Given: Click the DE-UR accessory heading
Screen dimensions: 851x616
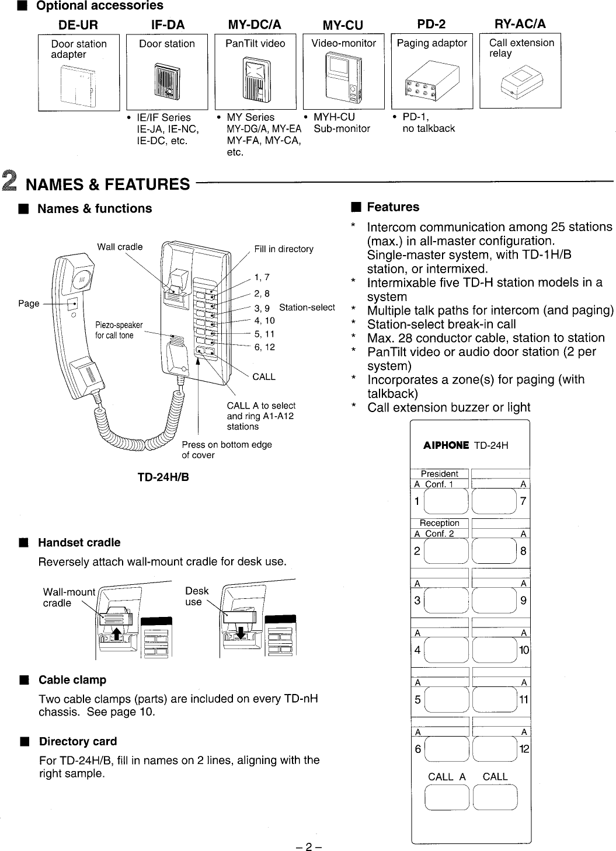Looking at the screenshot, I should pos(78,25).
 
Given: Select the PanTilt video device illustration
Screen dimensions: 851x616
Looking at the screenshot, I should pos(255,79).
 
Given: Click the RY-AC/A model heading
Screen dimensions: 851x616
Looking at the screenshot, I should pos(520,24).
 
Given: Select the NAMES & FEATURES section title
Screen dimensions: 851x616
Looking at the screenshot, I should pos(108,184).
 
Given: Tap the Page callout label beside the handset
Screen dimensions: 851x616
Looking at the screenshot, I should pos(29,304).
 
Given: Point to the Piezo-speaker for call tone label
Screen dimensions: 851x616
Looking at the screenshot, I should pos(119,330).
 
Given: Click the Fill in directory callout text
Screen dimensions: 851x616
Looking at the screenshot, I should pos(284,249).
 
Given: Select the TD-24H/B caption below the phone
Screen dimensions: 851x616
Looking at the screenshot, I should pos(163,477).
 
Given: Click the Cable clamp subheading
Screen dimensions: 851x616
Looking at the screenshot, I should pos(72,680).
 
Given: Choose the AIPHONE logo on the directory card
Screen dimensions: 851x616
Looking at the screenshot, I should pos(446,445).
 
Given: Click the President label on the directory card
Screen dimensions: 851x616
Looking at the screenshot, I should pos(439,473).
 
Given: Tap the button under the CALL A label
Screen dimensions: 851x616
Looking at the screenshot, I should pos(447,798).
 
